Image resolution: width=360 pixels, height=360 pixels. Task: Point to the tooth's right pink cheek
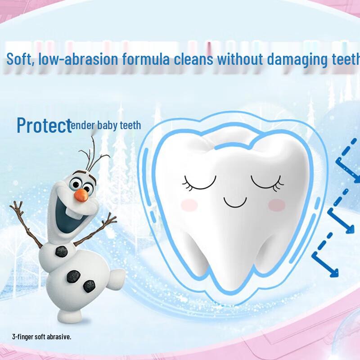coord(276,205)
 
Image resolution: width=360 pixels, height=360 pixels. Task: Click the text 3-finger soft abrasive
coord(42,336)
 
